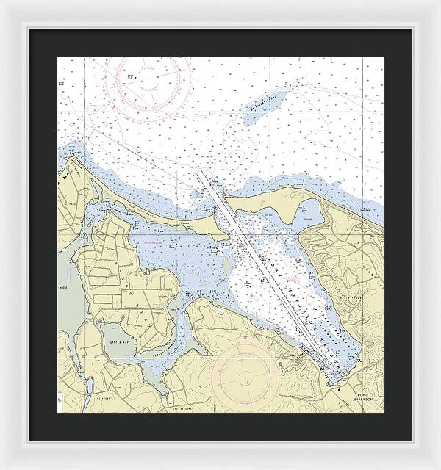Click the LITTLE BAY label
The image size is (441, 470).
point(118,341)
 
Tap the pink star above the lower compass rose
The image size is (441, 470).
point(245,337)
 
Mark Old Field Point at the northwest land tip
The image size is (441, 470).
point(73,158)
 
